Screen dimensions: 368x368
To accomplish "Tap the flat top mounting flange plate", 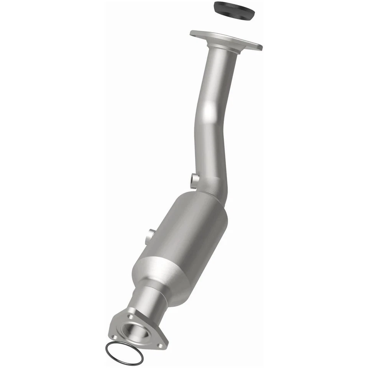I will tap(226, 40).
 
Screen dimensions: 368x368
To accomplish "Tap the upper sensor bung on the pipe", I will tap(194, 178).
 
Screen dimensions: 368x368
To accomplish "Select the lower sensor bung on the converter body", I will tap(150, 236).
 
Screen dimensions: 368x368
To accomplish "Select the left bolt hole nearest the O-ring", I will tap(114, 336).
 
